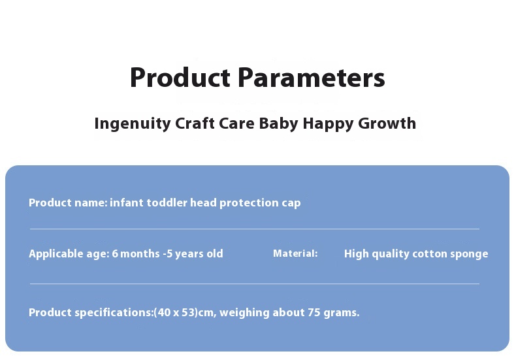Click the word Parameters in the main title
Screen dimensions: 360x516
click(311, 78)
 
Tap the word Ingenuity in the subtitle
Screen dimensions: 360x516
click(133, 123)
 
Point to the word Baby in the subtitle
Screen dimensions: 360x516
click(279, 123)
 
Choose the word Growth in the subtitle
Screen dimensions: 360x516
click(387, 123)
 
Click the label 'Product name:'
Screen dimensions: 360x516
click(68, 203)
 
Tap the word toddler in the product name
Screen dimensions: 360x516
click(167, 203)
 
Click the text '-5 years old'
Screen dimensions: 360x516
click(193, 254)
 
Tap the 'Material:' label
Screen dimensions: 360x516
click(295, 254)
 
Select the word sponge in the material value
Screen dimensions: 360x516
click(468, 254)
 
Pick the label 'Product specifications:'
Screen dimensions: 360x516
click(91, 312)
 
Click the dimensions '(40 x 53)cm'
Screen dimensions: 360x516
click(185, 312)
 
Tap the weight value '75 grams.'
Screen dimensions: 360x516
click(334, 312)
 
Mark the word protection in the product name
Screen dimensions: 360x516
click(249, 203)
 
